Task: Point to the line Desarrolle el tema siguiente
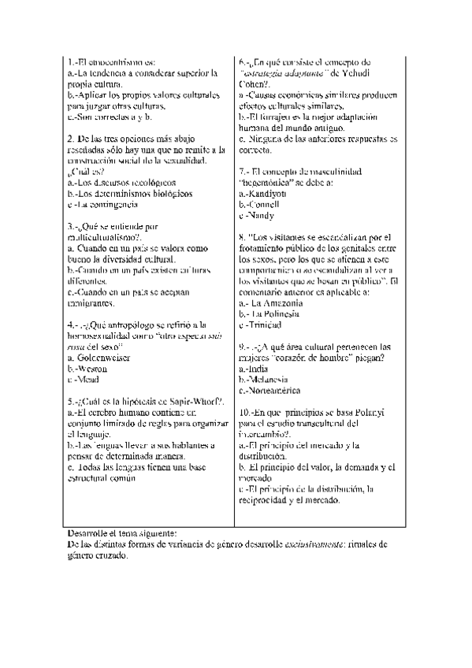pyautogui.click(x=122, y=533)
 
